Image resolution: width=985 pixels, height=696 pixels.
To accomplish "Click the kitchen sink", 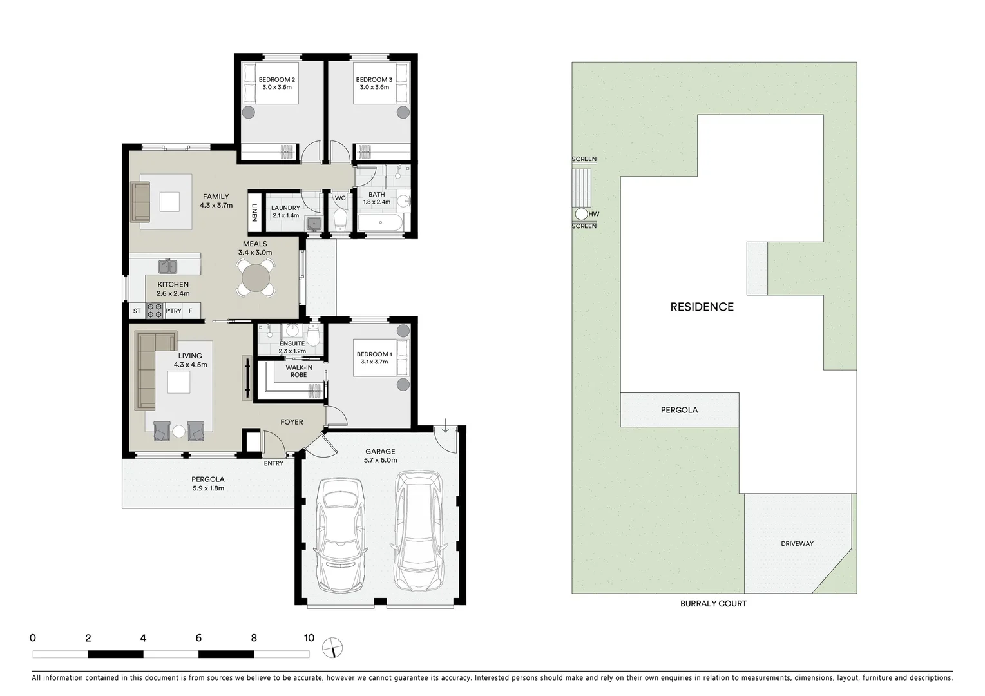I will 168,266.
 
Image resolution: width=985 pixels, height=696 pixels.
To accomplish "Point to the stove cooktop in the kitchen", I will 155,311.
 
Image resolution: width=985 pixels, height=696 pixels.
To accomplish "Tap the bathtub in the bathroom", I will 380,224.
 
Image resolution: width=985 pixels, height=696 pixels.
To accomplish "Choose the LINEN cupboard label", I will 254,213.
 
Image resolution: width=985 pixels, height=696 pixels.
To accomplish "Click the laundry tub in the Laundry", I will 313,224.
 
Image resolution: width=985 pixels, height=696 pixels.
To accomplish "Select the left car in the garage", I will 339,534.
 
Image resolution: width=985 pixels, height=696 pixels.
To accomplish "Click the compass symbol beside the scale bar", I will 333,647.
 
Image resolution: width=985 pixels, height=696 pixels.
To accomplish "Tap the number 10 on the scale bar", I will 309,638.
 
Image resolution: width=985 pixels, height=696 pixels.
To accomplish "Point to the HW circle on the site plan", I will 581,214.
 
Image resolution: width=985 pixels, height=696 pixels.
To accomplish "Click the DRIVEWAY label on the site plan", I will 797,543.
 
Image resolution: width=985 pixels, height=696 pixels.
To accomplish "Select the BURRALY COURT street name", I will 713,604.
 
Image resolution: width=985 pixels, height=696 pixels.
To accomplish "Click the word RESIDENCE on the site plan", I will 702,307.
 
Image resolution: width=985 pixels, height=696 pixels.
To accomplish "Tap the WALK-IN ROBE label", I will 299,371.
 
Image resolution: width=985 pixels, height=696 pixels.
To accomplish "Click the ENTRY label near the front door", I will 273,463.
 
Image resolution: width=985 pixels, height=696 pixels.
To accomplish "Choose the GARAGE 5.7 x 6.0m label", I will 380,456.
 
